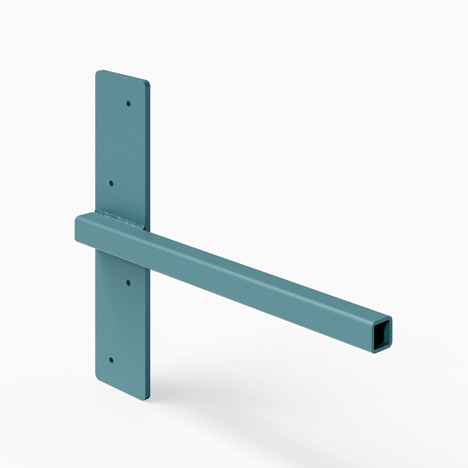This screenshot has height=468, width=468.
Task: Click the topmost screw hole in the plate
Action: click(128, 103)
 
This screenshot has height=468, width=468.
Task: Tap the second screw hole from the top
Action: click(111, 183)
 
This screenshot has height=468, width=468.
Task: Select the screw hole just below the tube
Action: click(128, 283)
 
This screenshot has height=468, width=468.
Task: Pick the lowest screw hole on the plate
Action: click(111, 360)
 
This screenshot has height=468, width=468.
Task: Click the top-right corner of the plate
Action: click(148, 83)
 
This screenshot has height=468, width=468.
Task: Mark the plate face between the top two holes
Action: click(120, 144)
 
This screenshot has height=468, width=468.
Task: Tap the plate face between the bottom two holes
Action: click(120, 321)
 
